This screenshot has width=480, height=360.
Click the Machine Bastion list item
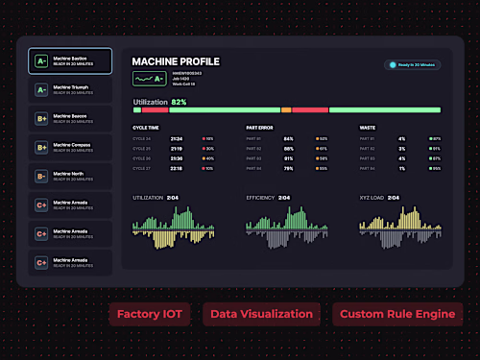point(70,61)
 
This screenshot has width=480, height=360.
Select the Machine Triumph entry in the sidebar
point(70,89)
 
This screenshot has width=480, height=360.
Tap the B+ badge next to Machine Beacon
point(41,118)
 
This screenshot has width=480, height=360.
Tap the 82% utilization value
point(179,101)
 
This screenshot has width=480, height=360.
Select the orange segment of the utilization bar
point(286,110)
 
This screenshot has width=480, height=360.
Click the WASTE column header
point(367,126)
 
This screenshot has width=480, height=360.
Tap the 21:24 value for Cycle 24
point(177,138)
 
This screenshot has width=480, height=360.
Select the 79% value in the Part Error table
point(288,168)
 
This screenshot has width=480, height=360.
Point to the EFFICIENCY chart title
point(260,198)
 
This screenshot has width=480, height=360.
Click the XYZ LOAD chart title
point(373,198)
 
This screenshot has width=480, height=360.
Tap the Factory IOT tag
point(151,314)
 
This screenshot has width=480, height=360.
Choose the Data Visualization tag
point(262,314)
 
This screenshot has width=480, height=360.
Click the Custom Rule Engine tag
point(397,314)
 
